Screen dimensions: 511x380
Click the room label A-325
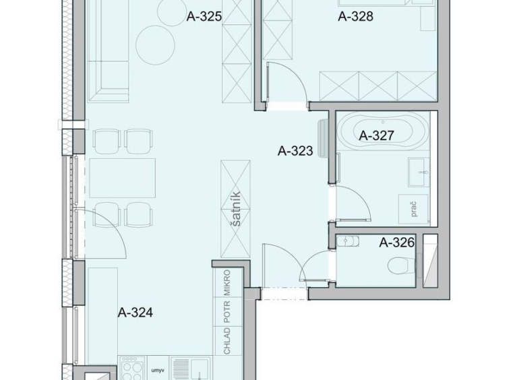pos(204,16)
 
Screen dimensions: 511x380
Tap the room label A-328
pos(355,16)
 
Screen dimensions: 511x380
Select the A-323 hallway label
pos(295,151)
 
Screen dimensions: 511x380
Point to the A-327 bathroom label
pos(377,135)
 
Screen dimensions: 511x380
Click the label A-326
pos(396,243)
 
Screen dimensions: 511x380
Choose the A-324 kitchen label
pos(136,313)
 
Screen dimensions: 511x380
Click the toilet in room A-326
pos(402,265)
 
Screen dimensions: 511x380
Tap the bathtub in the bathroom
pos(383,131)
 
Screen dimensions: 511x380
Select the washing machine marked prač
pos(413,210)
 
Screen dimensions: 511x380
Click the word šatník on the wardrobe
pos(236,209)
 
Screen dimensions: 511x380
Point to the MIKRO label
pos(227,282)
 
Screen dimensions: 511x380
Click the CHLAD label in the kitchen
pos(227,341)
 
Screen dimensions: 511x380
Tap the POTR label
pos(227,311)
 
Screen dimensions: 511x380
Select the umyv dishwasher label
pos(158,371)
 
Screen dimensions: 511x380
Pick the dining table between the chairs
pos(122,178)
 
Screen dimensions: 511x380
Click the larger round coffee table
pos(155,45)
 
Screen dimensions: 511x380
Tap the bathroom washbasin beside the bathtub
pos(419,172)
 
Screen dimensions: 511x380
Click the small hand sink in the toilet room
pos(348,241)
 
